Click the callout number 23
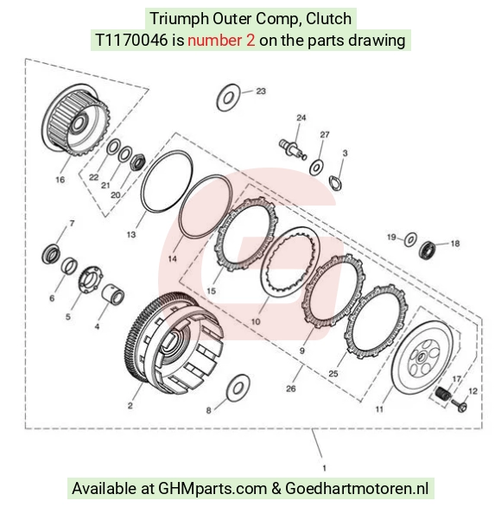[261, 92]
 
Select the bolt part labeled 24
[292, 148]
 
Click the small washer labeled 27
[316, 168]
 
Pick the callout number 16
[60, 180]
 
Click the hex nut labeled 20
[137, 162]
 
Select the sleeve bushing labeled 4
[113, 295]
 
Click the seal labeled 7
[51, 254]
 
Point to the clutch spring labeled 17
[443, 393]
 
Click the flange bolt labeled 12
[459, 405]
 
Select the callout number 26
[291, 389]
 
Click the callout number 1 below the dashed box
[325, 468]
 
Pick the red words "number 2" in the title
[221, 41]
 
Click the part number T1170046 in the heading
[131, 41]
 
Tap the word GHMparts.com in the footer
[212, 488]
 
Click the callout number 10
[256, 321]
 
